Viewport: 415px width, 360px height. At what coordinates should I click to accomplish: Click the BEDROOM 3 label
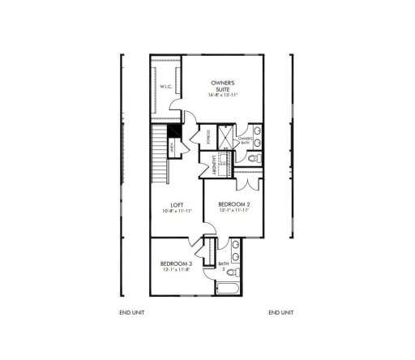pos(174,264)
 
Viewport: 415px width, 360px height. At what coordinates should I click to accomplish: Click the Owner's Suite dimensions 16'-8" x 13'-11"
pos(223,94)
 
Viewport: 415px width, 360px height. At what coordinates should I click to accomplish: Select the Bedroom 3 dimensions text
pos(174,271)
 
